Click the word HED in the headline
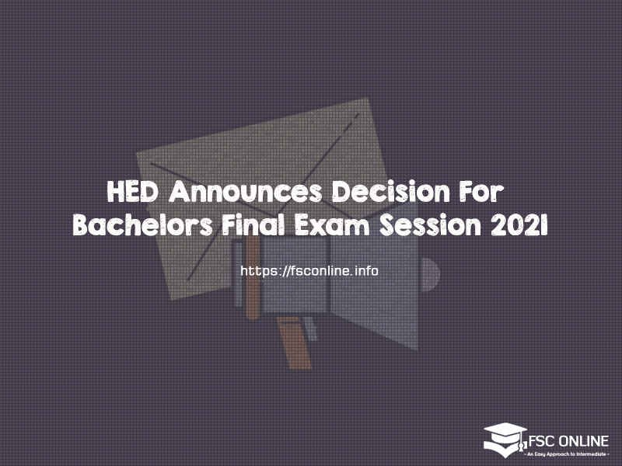coord(127,191)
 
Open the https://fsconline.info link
coord(309,271)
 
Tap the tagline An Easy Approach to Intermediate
coord(566,451)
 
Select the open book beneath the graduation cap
coord(505,448)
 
